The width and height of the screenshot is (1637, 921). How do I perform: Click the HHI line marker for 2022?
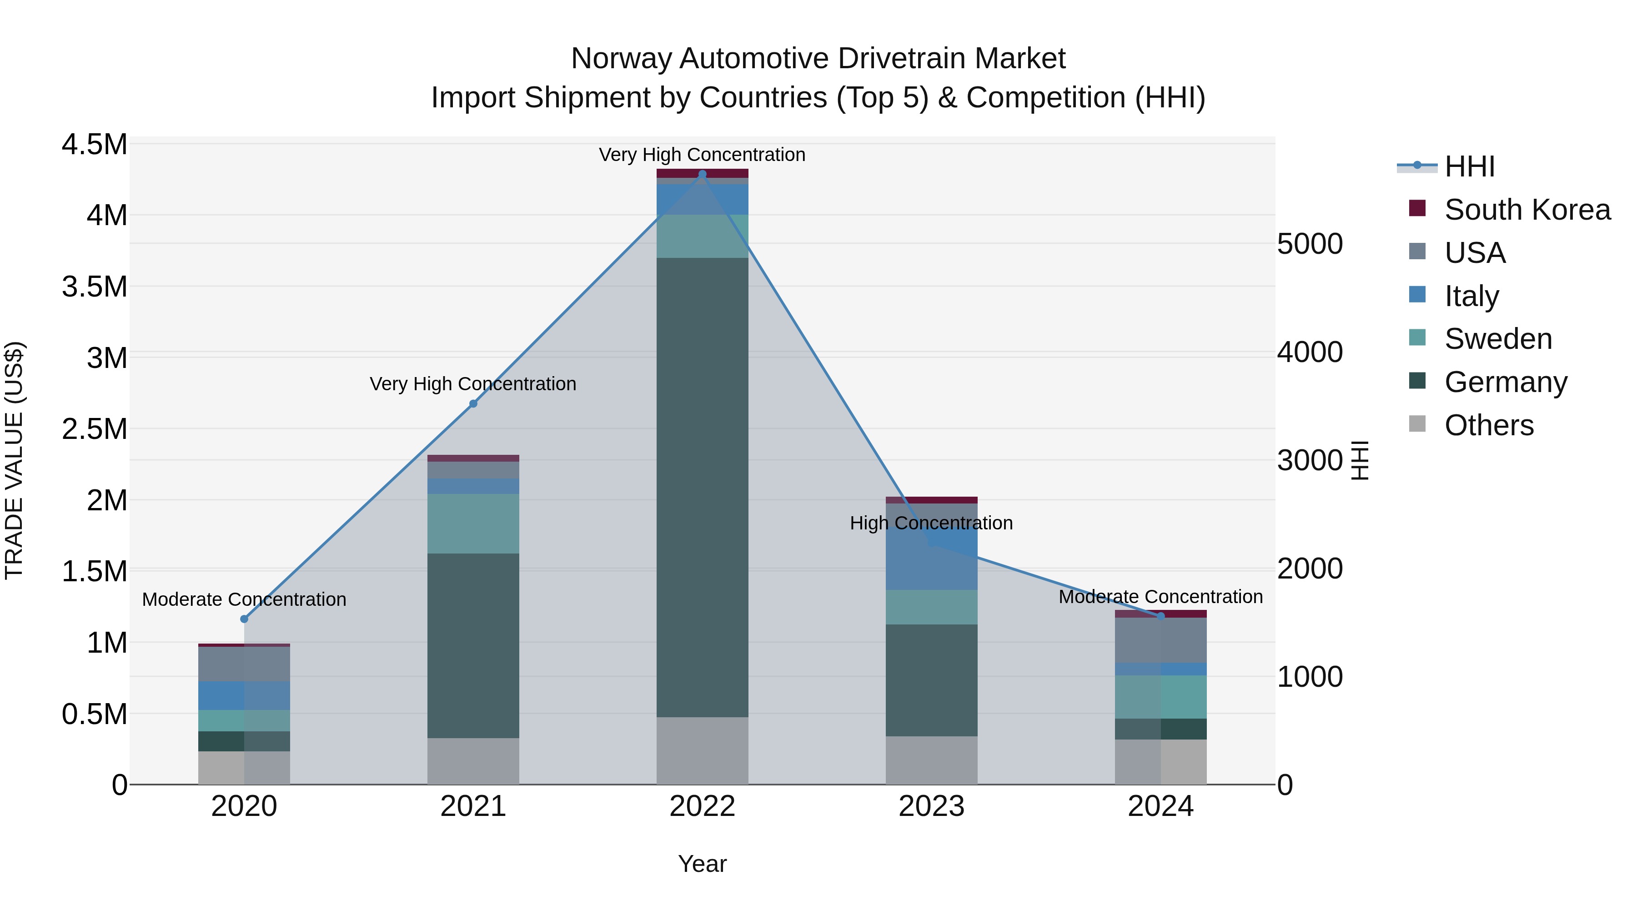(x=702, y=174)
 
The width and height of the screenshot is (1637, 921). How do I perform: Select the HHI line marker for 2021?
(x=473, y=403)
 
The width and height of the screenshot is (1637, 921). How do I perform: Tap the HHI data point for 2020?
(x=244, y=619)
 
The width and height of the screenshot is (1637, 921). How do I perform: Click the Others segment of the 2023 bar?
(x=932, y=760)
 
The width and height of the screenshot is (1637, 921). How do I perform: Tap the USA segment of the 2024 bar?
(x=1160, y=640)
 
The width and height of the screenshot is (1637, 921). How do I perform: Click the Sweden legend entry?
(x=1498, y=339)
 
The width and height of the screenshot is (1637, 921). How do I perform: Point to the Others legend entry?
(x=1488, y=425)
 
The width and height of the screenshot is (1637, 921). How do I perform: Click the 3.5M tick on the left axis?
(x=95, y=287)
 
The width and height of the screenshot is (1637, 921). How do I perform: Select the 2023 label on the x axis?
(x=932, y=806)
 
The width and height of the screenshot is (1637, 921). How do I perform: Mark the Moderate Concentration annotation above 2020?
(x=244, y=599)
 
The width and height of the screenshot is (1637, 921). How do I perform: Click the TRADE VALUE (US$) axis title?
(x=14, y=460)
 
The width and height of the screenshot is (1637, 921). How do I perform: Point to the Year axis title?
(x=702, y=864)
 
